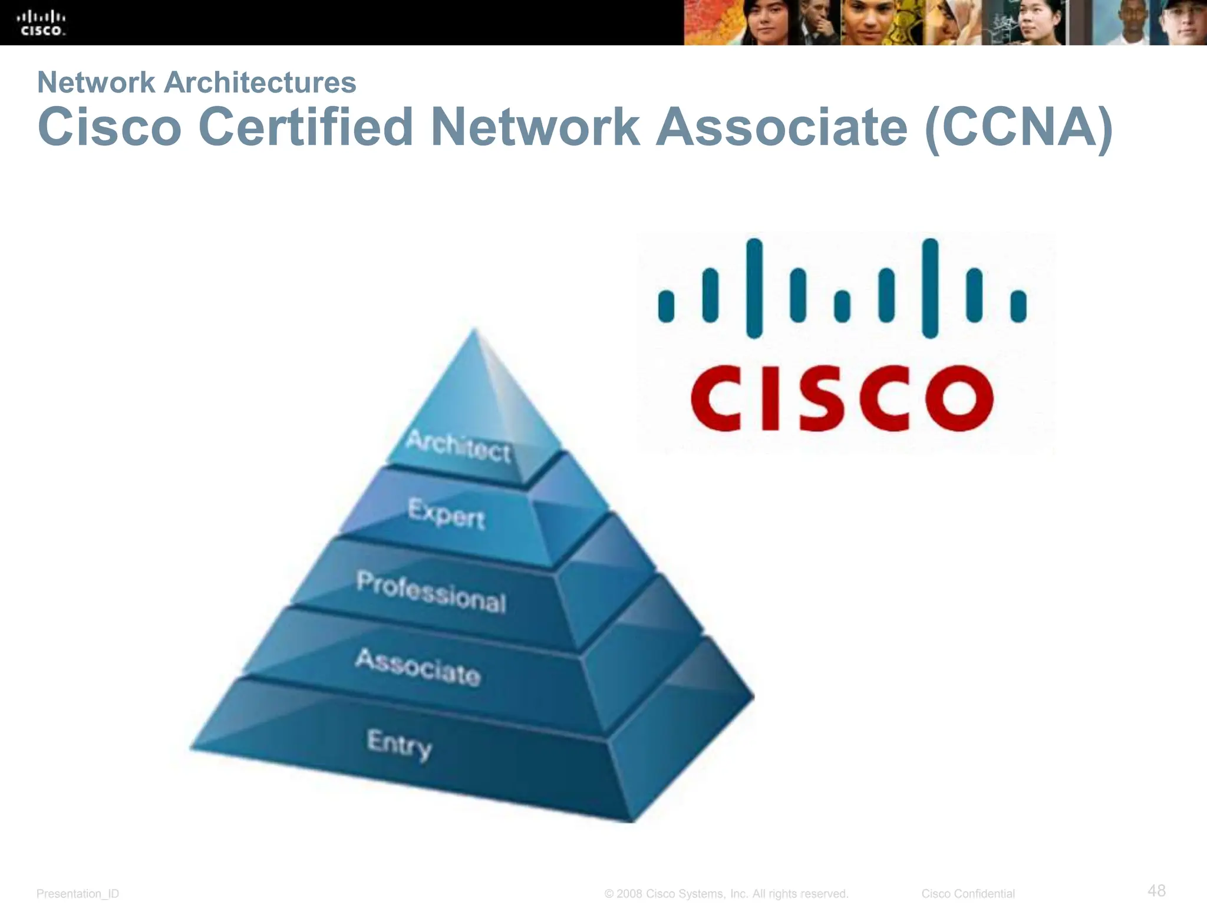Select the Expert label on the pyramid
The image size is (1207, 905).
click(x=446, y=514)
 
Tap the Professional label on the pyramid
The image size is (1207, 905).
click(x=431, y=592)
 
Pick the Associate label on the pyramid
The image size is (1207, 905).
click(x=418, y=667)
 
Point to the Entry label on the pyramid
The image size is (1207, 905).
click(x=399, y=744)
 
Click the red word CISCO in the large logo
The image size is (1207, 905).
click(x=842, y=398)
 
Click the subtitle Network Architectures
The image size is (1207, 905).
click(x=197, y=82)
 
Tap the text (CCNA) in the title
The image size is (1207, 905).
click(x=1018, y=127)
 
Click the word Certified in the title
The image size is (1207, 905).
click(x=306, y=127)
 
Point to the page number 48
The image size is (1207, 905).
click(x=1156, y=890)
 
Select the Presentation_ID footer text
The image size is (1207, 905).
click(x=78, y=894)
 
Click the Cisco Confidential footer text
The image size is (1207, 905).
click(x=968, y=894)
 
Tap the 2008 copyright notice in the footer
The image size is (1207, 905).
click(x=726, y=894)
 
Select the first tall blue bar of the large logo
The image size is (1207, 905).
click(x=754, y=288)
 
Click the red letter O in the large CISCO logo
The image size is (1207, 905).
click(x=959, y=398)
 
